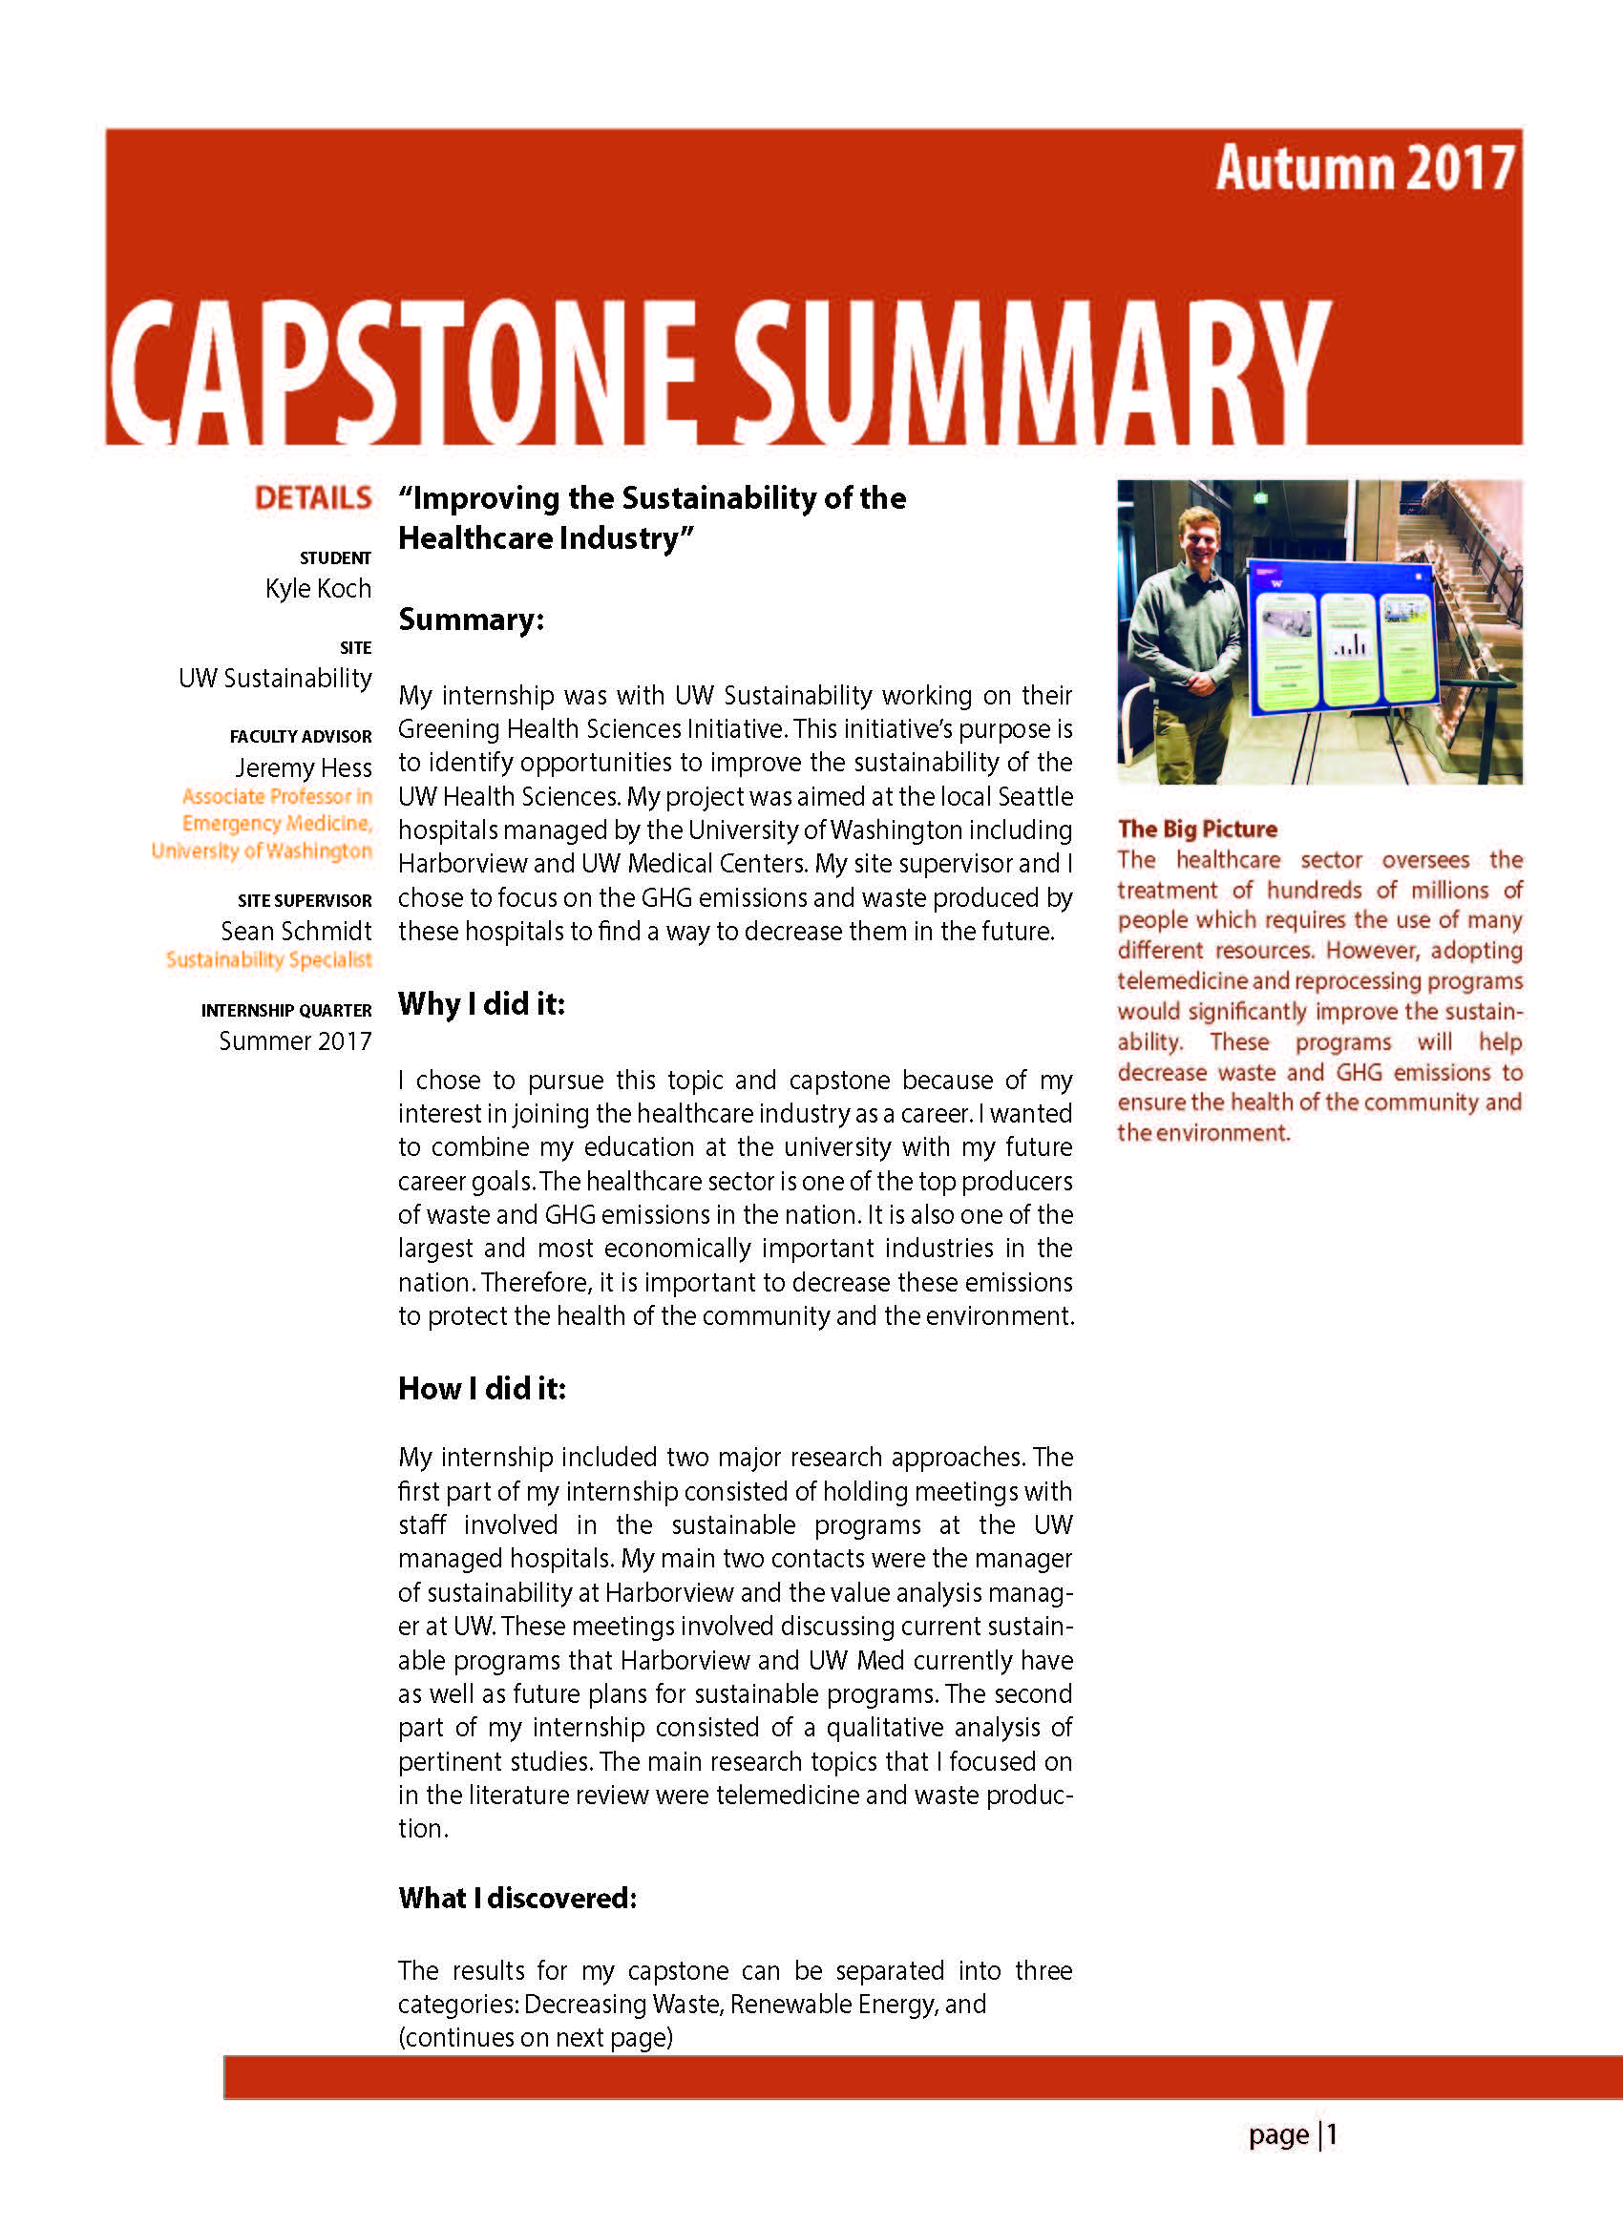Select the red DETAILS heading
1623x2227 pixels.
pos(312,498)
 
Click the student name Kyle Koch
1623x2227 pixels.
pos(317,588)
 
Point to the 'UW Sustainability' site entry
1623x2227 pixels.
pos(275,678)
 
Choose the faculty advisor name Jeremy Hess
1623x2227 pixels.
pos(303,767)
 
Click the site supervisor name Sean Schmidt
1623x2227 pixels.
pos(296,931)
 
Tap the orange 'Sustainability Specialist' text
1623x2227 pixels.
pos(268,959)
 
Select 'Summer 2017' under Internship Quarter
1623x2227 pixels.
pos(295,1040)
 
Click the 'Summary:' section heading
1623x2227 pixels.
pos(471,620)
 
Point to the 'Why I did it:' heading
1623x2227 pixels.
pos(481,1004)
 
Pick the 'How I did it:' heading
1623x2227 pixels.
pos(481,1388)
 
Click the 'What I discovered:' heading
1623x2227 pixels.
pos(516,1898)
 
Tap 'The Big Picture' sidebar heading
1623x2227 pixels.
pos(1196,830)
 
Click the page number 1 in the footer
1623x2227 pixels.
pos(1332,2134)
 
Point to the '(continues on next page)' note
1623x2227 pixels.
pos(536,2037)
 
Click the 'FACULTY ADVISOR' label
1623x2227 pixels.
pos(301,737)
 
